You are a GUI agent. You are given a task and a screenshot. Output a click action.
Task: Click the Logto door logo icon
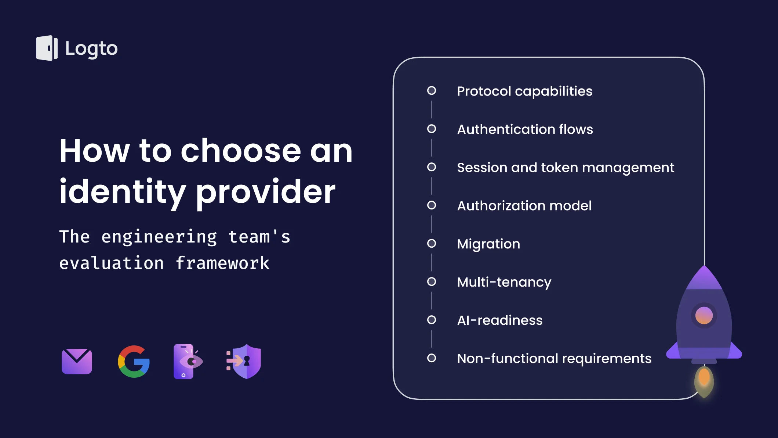[47, 48]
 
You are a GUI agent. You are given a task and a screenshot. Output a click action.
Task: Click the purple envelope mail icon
[77, 361]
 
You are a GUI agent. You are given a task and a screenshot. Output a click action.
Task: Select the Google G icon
[134, 362]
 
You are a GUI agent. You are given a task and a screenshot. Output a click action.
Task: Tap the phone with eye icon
[188, 362]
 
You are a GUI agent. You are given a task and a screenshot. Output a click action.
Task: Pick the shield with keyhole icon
[244, 362]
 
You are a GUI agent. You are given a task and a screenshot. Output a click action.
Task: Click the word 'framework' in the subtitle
[222, 263]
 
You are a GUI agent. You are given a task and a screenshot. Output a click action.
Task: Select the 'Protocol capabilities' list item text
[524, 91]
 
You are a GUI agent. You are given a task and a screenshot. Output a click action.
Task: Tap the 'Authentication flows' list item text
[525, 129]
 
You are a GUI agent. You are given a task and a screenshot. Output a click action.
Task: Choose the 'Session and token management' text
[566, 168]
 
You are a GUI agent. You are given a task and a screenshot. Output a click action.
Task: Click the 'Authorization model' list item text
[524, 206]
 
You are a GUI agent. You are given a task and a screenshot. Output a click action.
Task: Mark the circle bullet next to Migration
[432, 243]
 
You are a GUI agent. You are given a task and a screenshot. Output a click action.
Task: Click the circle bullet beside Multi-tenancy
[432, 281]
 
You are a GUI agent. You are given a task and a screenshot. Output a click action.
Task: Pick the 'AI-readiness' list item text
[499, 320]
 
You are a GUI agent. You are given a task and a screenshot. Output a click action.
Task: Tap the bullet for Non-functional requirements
[432, 358]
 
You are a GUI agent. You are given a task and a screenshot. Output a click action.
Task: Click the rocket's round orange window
[704, 315]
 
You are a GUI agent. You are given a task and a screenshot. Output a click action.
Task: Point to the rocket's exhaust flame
[704, 381]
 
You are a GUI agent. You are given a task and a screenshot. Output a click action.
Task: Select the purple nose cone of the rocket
[704, 278]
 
